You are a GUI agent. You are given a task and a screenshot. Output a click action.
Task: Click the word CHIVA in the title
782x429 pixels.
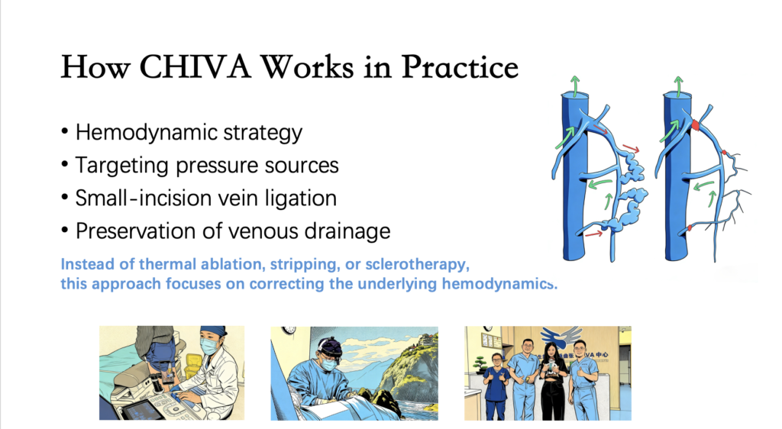pyautogui.click(x=195, y=66)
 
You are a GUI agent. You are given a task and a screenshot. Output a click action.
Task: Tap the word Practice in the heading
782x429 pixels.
pyautogui.click(x=460, y=66)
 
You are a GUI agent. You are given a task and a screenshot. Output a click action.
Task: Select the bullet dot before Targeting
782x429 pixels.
pyautogui.click(x=64, y=164)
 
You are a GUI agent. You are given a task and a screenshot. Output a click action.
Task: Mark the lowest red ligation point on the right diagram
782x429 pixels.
pyautogui.click(x=690, y=228)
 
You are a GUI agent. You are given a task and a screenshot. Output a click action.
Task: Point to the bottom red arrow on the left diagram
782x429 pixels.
pyautogui.click(x=593, y=233)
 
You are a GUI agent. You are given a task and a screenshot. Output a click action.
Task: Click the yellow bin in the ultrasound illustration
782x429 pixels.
pyautogui.click(x=191, y=369)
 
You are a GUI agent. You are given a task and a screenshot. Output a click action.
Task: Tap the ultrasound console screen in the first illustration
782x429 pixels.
pyautogui.click(x=136, y=410)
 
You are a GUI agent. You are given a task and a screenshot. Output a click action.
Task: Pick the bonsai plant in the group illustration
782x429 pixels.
pyautogui.click(x=480, y=363)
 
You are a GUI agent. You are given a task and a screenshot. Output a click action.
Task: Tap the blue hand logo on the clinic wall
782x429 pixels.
pyautogui.click(x=562, y=337)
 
